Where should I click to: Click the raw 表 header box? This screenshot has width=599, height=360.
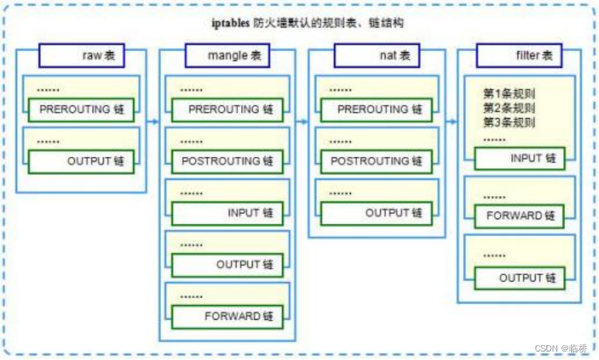82,56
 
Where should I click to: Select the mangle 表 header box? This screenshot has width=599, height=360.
227,56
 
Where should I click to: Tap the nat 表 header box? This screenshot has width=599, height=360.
376,56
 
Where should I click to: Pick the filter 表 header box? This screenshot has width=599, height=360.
519,56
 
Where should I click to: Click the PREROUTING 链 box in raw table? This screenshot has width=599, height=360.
81,110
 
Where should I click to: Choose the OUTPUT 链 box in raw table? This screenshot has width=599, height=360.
81,162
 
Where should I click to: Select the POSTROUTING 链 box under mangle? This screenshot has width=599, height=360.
228,162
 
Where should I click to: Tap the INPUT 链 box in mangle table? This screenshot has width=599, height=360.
228,213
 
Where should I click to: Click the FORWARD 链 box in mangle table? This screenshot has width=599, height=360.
228,317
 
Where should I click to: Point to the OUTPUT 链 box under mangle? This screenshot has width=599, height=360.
228,265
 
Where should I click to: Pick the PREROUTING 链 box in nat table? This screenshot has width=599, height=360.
376,110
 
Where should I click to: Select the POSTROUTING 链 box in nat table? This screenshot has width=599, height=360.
376,162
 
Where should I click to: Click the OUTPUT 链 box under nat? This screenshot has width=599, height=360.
376,213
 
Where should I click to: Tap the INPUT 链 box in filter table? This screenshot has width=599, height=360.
519,158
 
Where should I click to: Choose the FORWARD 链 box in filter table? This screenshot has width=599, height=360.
519,216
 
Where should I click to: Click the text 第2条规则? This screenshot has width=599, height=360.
509,108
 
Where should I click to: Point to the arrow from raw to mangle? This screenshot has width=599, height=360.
153,122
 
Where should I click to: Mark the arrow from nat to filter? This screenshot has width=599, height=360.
451,122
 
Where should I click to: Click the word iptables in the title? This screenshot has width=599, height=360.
231,23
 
